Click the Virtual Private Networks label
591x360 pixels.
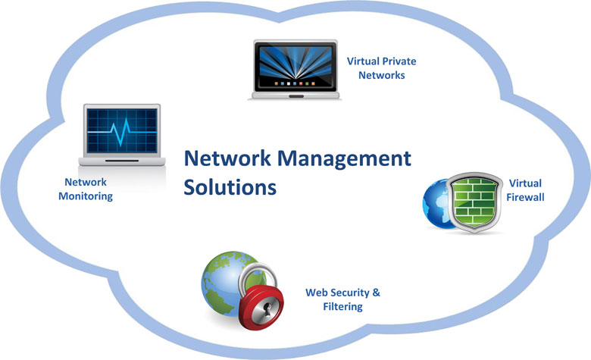[x=381, y=68]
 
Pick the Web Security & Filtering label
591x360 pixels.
[x=342, y=299]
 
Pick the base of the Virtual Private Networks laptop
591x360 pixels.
[x=295, y=95]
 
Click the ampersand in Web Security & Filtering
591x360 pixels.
[x=376, y=292]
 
